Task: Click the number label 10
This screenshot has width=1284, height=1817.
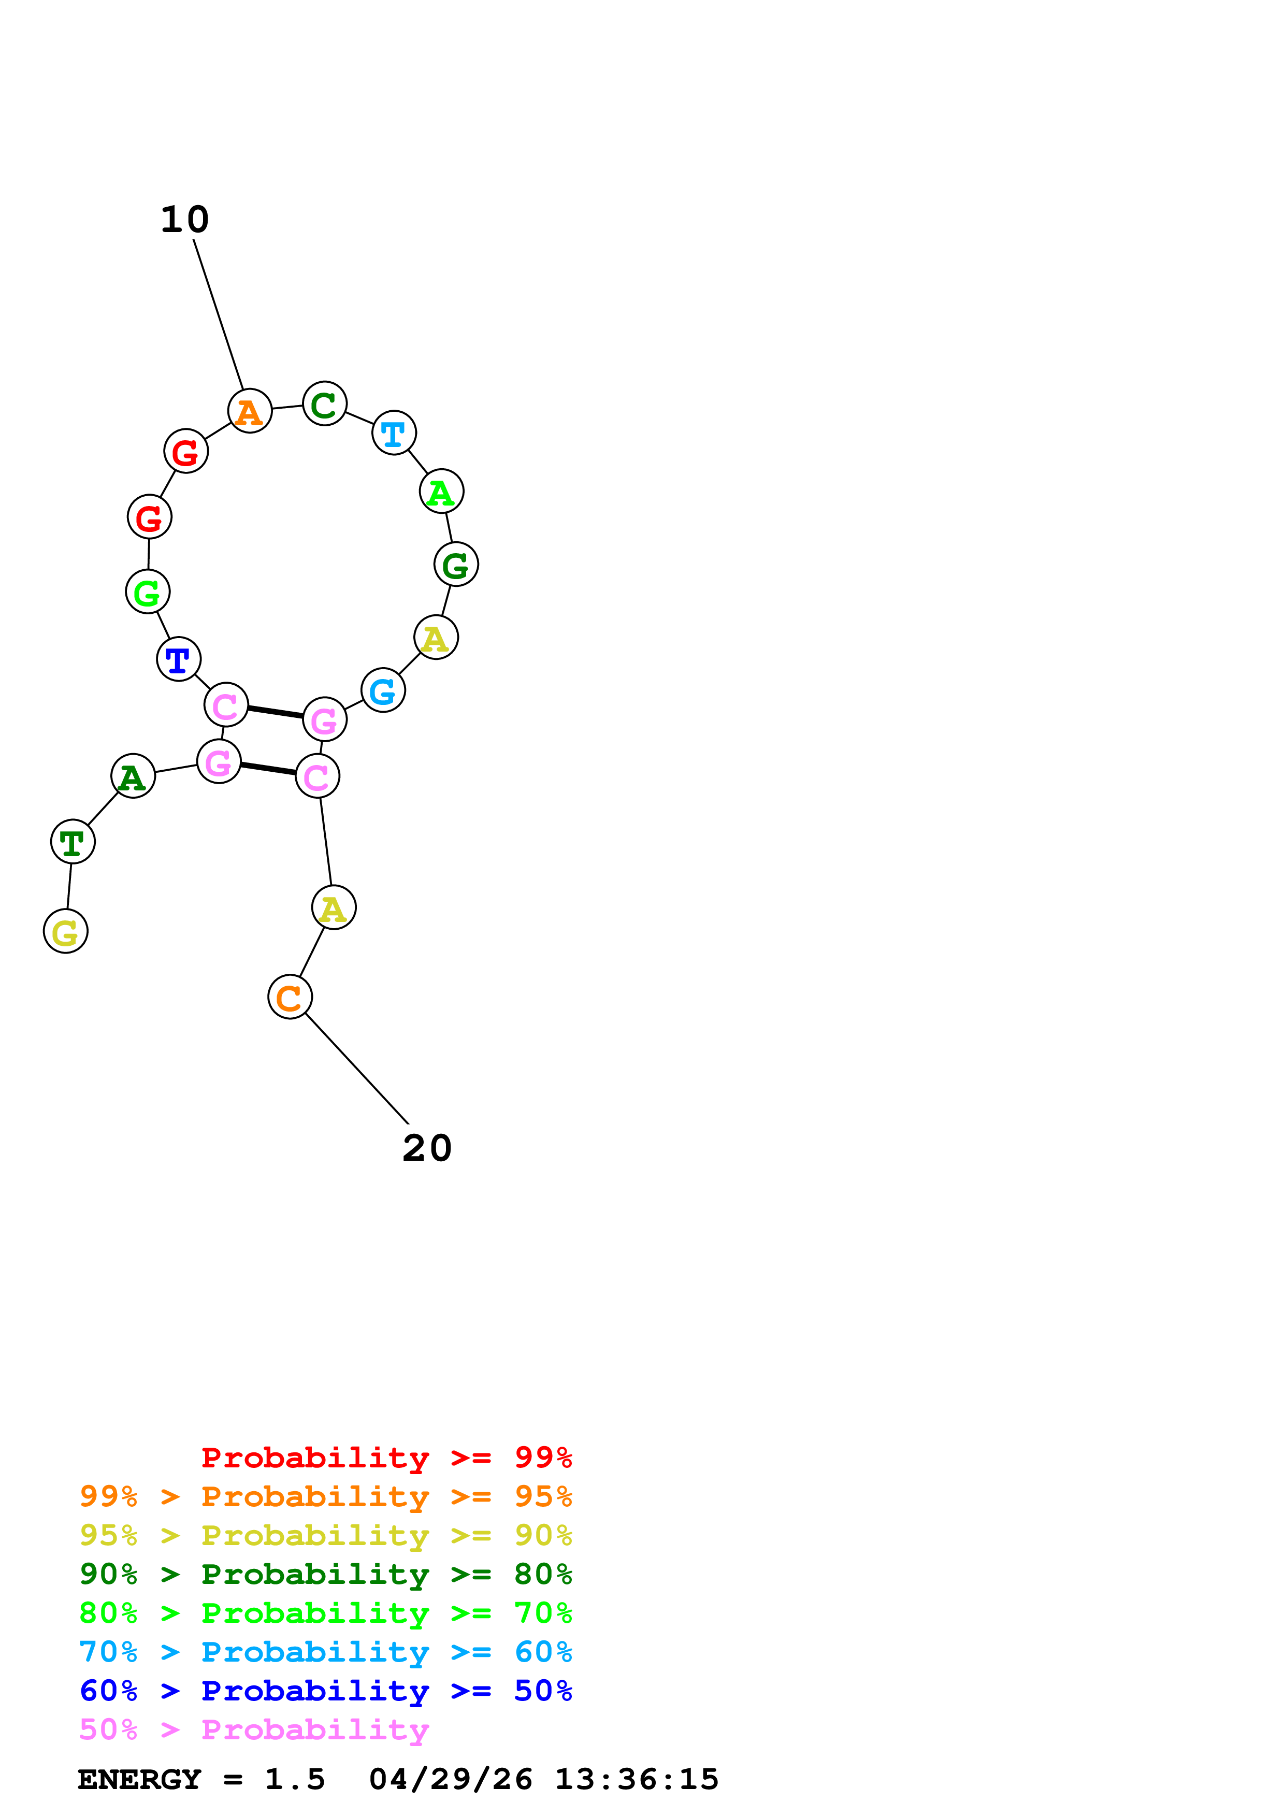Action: pos(184,220)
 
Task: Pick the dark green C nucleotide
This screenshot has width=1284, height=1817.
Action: pos(324,405)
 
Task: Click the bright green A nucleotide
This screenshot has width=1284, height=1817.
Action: pos(441,492)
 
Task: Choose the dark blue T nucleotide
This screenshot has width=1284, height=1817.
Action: pos(178,659)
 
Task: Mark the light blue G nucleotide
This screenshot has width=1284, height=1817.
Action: pos(383,691)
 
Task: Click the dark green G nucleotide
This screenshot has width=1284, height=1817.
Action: pos(456,565)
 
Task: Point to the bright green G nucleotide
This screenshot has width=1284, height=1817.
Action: pos(147,592)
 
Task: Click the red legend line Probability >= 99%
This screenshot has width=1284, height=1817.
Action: pos(386,1458)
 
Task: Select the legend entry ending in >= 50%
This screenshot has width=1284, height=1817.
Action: pos(325,1691)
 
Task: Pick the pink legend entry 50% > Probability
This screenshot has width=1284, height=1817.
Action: pos(254,1730)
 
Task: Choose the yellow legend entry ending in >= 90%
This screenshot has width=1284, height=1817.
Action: pos(325,1535)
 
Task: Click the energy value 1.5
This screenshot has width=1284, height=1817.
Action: pos(294,1780)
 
